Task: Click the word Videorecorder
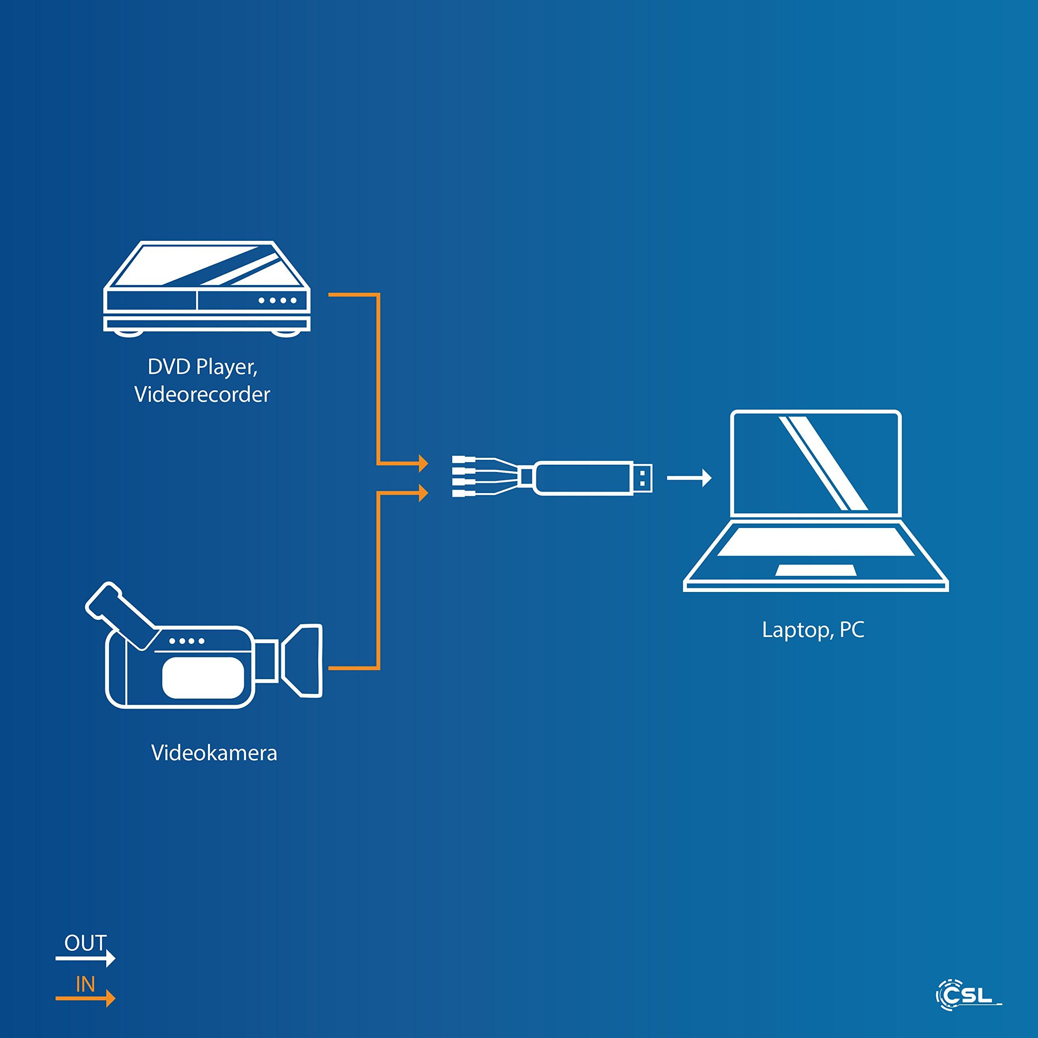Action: point(202,395)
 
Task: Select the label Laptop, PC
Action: point(813,630)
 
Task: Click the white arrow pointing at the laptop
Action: point(689,477)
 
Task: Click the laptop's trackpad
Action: point(814,570)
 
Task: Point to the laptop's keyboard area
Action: point(815,540)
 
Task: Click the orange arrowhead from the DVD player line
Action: point(423,463)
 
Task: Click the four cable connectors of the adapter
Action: point(460,477)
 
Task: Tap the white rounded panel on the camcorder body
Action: point(203,678)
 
